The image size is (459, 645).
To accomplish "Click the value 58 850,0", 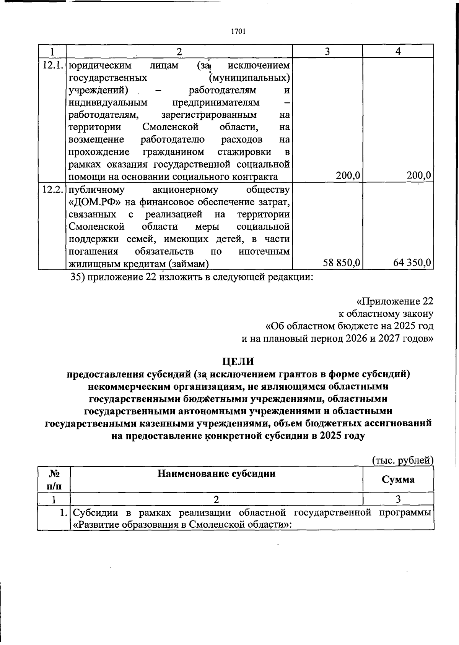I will click(341, 263).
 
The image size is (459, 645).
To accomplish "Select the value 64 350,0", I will click(412, 263).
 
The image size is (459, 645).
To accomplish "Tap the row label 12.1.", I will click(52, 65).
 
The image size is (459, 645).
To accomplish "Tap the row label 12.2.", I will click(52, 190).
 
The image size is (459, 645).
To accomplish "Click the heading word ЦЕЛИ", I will click(238, 361).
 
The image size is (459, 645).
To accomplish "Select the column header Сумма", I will click(398, 480).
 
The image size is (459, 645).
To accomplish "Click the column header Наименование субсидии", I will click(216, 474).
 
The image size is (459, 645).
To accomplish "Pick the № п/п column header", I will click(54, 480).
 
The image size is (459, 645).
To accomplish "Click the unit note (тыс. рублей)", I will click(403, 460).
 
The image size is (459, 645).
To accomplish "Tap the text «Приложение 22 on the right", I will click(395, 301).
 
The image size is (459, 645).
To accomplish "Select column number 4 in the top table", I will click(398, 51).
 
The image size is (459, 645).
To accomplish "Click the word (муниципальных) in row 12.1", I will click(249, 78).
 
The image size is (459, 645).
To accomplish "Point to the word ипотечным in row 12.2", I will click(264, 252).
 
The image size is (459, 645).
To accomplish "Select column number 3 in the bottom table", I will click(398, 499).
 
